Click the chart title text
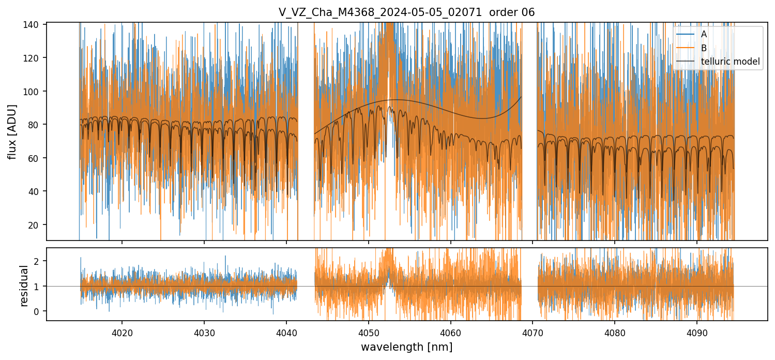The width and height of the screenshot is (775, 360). [406, 12]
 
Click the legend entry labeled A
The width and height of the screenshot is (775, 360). [704, 35]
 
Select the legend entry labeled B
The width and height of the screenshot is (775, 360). [704, 48]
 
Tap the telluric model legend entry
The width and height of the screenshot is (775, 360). [730, 62]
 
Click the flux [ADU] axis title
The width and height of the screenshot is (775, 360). [12, 131]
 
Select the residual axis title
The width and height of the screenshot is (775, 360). [24, 286]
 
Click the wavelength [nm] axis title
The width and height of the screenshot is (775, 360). [406, 347]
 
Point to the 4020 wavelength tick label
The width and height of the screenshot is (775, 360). [122, 331]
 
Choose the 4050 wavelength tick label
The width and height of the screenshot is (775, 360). [368, 331]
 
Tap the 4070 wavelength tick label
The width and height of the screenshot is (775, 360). [533, 331]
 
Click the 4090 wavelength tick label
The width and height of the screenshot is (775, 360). [696, 331]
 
